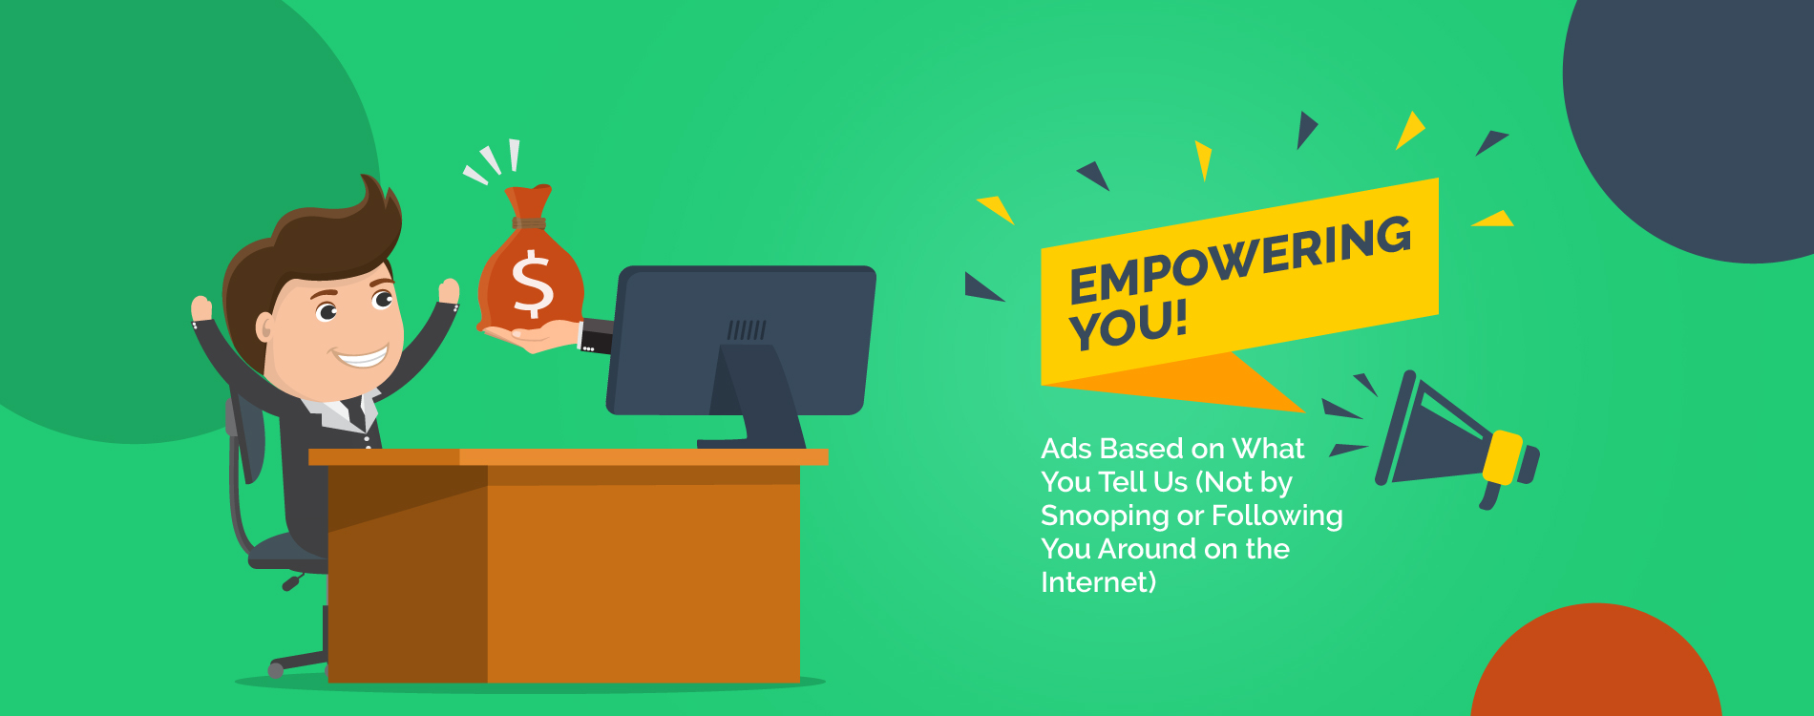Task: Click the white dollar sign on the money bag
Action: (533, 284)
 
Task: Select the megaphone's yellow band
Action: (1503, 457)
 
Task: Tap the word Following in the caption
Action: (1277, 516)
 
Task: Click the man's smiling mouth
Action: (361, 358)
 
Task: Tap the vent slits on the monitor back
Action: (747, 330)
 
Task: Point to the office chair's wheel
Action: (276, 669)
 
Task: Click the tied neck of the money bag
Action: (529, 223)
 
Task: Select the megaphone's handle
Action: (1490, 495)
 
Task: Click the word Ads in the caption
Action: (1065, 449)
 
